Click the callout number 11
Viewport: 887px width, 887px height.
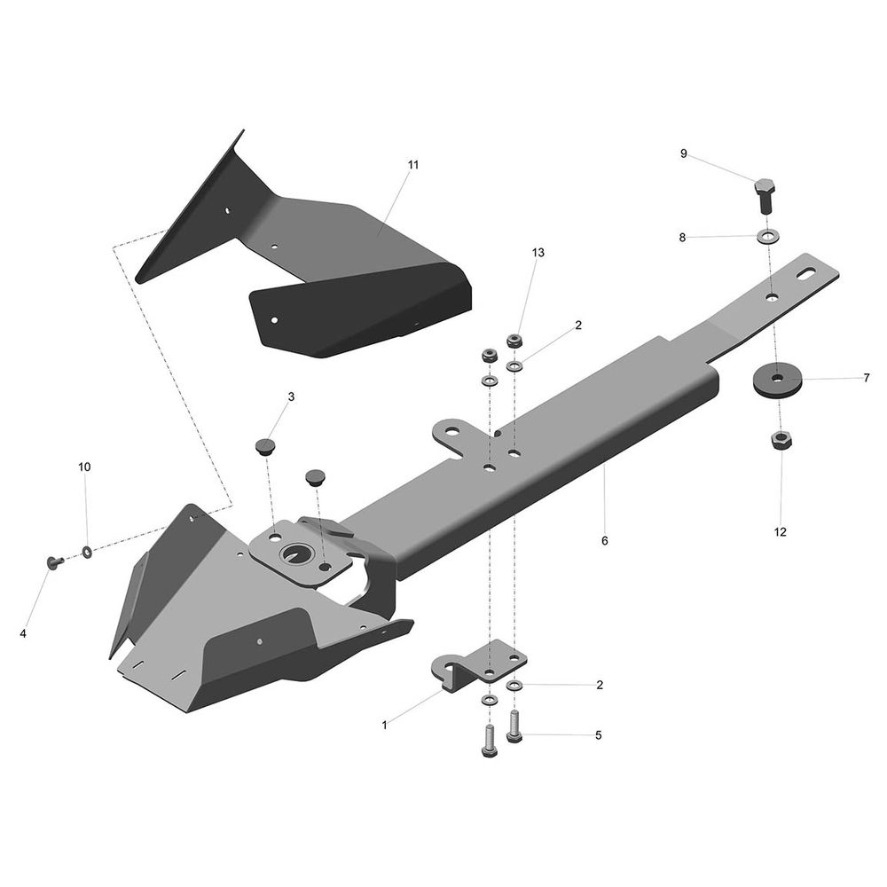(x=413, y=165)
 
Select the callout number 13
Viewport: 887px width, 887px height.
(x=538, y=252)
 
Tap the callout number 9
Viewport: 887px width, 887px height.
(x=683, y=153)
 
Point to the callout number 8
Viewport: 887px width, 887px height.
(x=682, y=238)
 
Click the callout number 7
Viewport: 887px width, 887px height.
(x=867, y=378)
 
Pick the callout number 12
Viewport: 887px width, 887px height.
(x=780, y=532)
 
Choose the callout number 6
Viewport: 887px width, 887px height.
(x=605, y=541)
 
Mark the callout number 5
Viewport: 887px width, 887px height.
(x=599, y=735)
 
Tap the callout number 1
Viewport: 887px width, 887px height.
(x=385, y=726)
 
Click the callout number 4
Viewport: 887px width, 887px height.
(x=23, y=634)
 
